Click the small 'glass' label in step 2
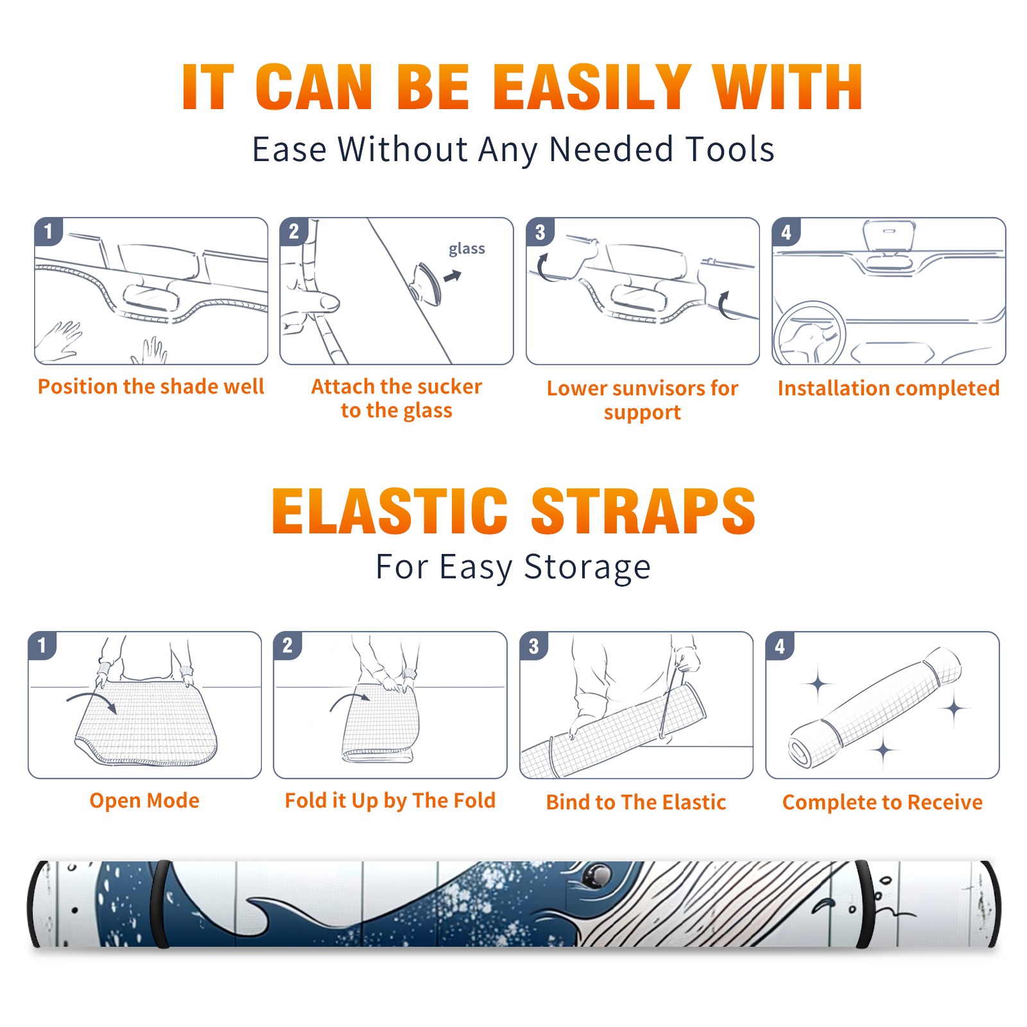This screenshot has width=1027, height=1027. tap(467, 249)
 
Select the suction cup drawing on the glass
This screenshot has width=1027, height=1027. tap(427, 283)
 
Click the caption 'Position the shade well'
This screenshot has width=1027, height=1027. tap(151, 386)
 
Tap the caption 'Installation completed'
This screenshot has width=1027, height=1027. tap(888, 388)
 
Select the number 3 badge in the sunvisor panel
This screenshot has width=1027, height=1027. tap(540, 232)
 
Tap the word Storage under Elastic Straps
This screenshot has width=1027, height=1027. tap(587, 567)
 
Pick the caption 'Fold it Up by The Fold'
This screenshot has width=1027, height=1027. tap(390, 800)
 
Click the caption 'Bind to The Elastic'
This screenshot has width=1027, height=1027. tap(636, 802)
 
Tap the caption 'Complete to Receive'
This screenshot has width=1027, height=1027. tap(883, 802)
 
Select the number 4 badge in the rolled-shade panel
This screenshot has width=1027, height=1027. tap(780, 646)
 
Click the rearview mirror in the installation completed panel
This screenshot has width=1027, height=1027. tap(890, 236)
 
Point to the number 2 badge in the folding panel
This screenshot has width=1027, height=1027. tap(288, 646)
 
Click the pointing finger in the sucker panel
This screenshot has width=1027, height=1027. tap(311, 302)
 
